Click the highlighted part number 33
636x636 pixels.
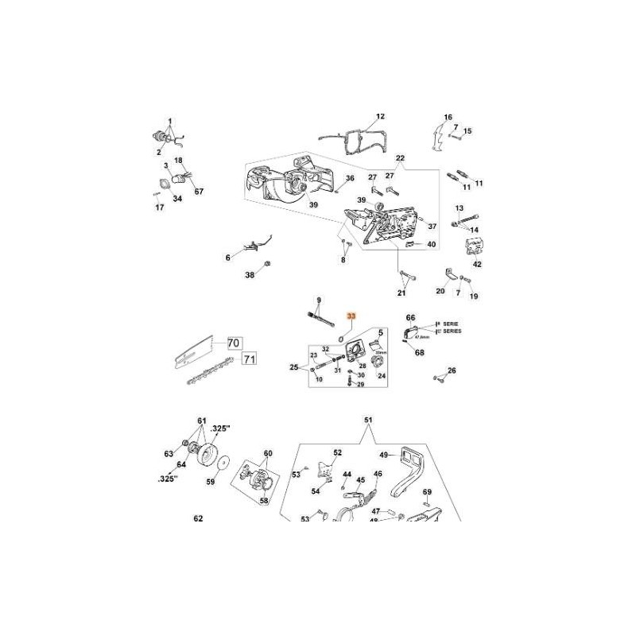pyautogui.click(x=352, y=316)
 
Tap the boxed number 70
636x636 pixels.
pyautogui.click(x=233, y=344)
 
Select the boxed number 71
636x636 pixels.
pyautogui.click(x=250, y=359)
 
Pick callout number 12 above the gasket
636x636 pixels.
pyautogui.click(x=379, y=116)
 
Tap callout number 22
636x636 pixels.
pyautogui.click(x=400, y=159)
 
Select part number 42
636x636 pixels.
pyautogui.click(x=477, y=264)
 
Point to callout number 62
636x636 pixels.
pyautogui.click(x=198, y=518)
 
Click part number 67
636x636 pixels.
pyautogui.click(x=199, y=192)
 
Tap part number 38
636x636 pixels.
pyautogui.click(x=250, y=275)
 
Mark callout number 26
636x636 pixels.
pyautogui.click(x=452, y=370)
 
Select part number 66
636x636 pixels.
pyautogui.click(x=411, y=316)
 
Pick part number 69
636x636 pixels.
pyautogui.click(x=427, y=493)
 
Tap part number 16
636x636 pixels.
pyautogui.click(x=448, y=117)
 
